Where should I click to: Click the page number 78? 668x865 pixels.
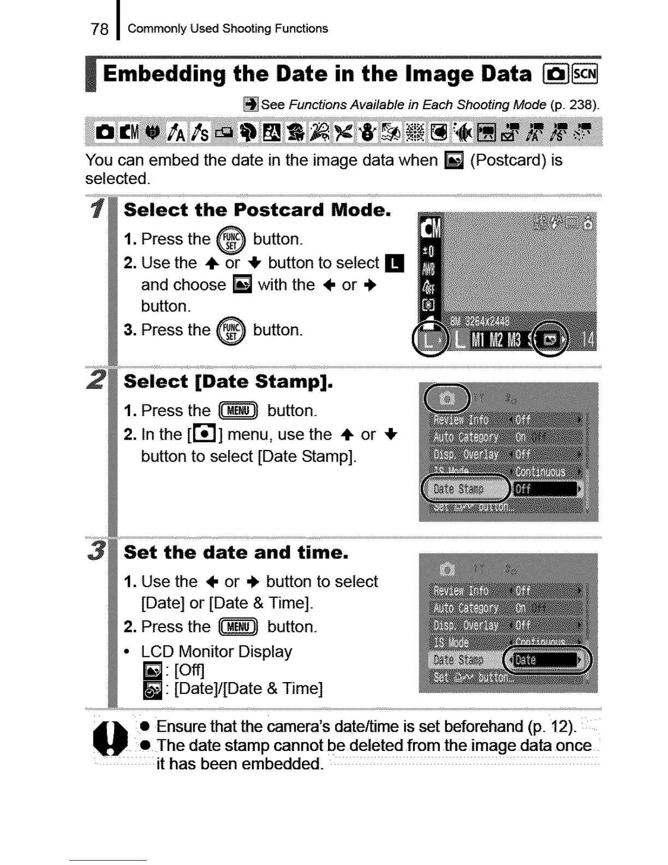[x=100, y=29]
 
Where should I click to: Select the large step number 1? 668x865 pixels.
[x=97, y=209]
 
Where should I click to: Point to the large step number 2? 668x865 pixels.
[x=96, y=380]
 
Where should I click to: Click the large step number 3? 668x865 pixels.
[x=96, y=550]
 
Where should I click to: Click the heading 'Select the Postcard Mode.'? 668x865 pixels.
[x=257, y=210]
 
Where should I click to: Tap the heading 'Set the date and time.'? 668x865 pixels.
[x=236, y=553]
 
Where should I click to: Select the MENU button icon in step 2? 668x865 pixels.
[x=238, y=411]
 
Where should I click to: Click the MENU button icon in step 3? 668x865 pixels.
[x=238, y=627]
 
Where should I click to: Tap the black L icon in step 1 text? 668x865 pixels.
[x=394, y=263]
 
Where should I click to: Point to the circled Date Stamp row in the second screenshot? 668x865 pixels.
[x=465, y=489]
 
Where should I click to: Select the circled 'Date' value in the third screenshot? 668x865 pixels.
[x=546, y=660]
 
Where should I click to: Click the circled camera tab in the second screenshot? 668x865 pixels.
[x=447, y=398]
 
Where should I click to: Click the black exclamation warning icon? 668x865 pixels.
[x=111, y=738]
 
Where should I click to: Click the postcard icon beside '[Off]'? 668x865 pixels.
[x=152, y=671]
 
